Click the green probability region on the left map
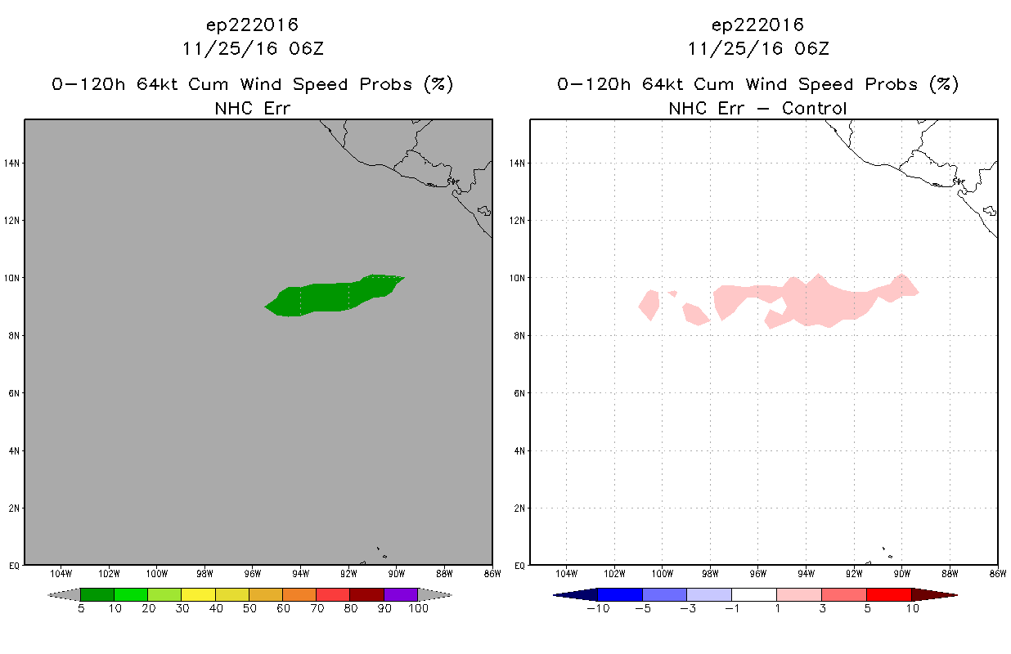334,296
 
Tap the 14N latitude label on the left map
11,163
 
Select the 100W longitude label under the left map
156,574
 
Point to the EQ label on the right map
519,566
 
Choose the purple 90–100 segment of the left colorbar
401,594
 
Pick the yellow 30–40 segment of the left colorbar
199,594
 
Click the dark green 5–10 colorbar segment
97,594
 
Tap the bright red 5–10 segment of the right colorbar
889,594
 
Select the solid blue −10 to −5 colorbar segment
620,594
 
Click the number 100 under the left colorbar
418,608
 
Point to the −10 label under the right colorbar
598,608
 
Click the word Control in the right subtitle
814,109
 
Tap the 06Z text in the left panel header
306,49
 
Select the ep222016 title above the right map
757,25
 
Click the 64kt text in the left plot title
157,84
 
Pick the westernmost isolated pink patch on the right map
649,305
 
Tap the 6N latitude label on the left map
14,393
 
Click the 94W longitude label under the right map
806,574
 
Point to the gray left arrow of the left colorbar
64,594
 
